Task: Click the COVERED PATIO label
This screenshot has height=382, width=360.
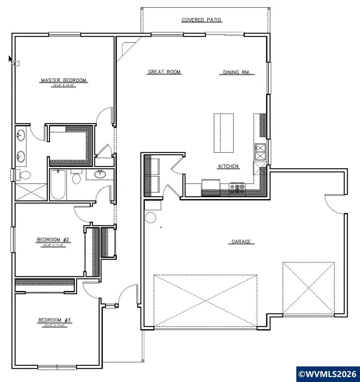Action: [x=202, y=20]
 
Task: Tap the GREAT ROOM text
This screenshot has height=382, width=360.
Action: [x=164, y=72]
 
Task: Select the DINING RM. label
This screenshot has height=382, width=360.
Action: [x=237, y=73]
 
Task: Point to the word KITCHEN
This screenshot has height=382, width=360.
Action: [x=228, y=166]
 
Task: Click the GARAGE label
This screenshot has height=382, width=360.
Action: [x=241, y=242]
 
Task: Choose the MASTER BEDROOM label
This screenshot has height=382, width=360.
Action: [x=63, y=80]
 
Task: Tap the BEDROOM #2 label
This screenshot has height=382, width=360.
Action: [x=53, y=240]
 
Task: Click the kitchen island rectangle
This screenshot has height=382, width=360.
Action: [x=224, y=133]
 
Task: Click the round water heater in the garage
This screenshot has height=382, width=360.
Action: [x=152, y=218]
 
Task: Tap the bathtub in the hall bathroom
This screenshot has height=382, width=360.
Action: [x=58, y=184]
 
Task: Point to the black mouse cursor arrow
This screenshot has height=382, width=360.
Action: [x=11, y=59]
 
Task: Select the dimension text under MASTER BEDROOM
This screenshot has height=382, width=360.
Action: [x=63, y=86]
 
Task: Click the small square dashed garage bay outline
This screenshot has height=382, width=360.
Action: [x=308, y=288]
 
